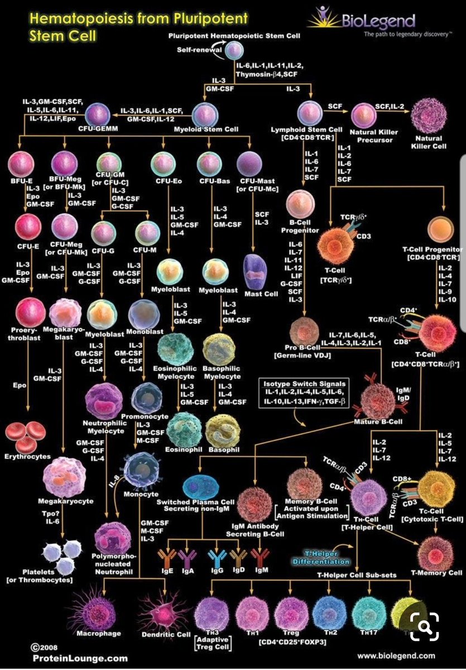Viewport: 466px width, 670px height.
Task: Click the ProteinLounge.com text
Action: coord(79,658)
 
